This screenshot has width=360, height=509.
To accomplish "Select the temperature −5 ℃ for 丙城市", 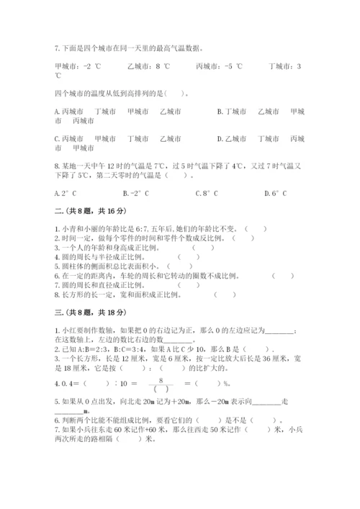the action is (x=233, y=67).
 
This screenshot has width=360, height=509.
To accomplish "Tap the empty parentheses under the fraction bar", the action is (x=161, y=389).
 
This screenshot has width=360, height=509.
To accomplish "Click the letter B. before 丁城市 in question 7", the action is (x=220, y=112).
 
